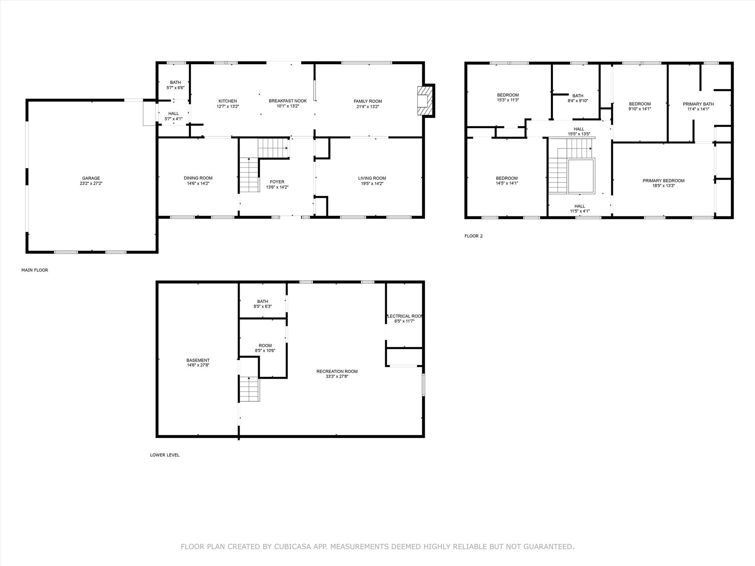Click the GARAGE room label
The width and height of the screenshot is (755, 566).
pyautogui.click(x=91, y=178)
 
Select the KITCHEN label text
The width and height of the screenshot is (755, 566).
pyautogui.click(x=228, y=101)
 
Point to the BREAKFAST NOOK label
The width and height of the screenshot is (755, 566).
pyautogui.click(x=288, y=101)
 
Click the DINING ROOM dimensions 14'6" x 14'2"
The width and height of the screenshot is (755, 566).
pyautogui.click(x=198, y=184)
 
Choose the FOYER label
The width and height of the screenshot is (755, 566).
pyautogui.click(x=277, y=182)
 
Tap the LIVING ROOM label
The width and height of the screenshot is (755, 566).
pyautogui.click(x=372, y=178)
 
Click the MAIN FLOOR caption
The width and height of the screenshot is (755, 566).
pyautogui.click(x=35, y=270)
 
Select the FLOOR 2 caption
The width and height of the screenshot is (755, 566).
pyautogui.click(x=473, y=236)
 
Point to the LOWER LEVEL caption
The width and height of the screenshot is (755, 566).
pyautogui.click(x=165, y=455)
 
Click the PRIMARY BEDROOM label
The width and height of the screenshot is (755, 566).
pyautogui.click(x=664, y=181)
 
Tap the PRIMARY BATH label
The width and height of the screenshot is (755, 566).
pyautogui.click(x=698, y=104)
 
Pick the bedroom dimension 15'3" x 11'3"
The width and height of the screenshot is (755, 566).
pyautogui.click(x=508, y=100)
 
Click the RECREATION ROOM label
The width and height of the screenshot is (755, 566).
pyautogui.click(x=337, y=371)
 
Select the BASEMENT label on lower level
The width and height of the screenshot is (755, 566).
pyautogui.click(x=198, y=360)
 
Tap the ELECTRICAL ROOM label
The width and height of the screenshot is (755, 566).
pyautogui.click(x=405, y=316)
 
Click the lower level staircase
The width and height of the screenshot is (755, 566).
pyautogui.click(x=250, y=389)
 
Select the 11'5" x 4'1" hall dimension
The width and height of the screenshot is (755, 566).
pyautogui.click(x=580, y=211)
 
